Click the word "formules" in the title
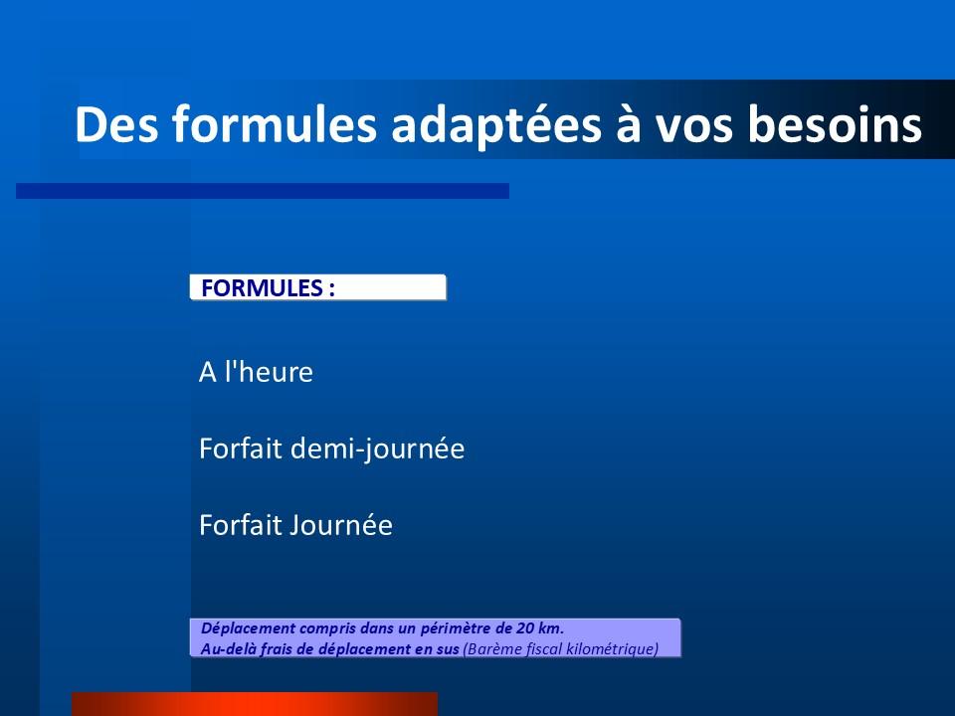(275, 123)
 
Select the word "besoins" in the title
(835, 123)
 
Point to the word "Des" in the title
(116, 124)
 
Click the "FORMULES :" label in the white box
(268, 288)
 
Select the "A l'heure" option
(256, 371)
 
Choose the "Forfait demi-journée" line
(332, 449)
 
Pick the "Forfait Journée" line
(296, 525)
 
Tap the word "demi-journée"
(378, 449)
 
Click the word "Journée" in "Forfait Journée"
(340, 525)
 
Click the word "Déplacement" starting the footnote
(248, 628)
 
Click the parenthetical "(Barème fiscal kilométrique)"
(561, 649)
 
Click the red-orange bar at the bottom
(255, 704)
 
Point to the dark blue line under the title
(263, 191)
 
